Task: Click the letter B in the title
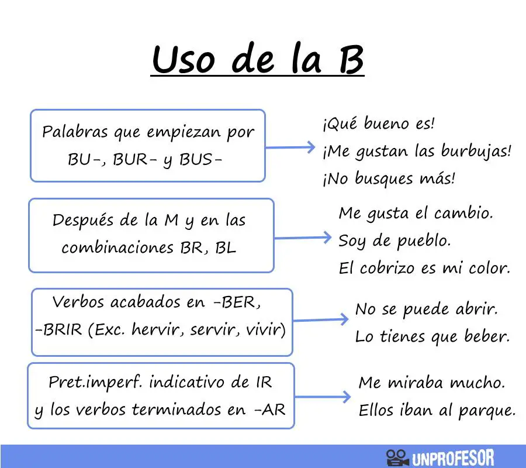click(351, 60)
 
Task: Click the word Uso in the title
click(183, 60)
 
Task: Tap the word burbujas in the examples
click(476, 151)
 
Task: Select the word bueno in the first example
click(386, 123)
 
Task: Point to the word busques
click(384, 178)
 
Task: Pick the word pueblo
click(424, 241)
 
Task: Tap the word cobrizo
click(387, 268)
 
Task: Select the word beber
click(487, 336)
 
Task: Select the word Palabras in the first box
click(75, 132)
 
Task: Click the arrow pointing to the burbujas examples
click(290, 147)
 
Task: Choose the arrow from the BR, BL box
click(303, 238)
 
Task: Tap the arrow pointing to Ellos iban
click(323, 397)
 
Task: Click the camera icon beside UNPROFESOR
click(397, 457)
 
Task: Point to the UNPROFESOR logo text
click(453, 458)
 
